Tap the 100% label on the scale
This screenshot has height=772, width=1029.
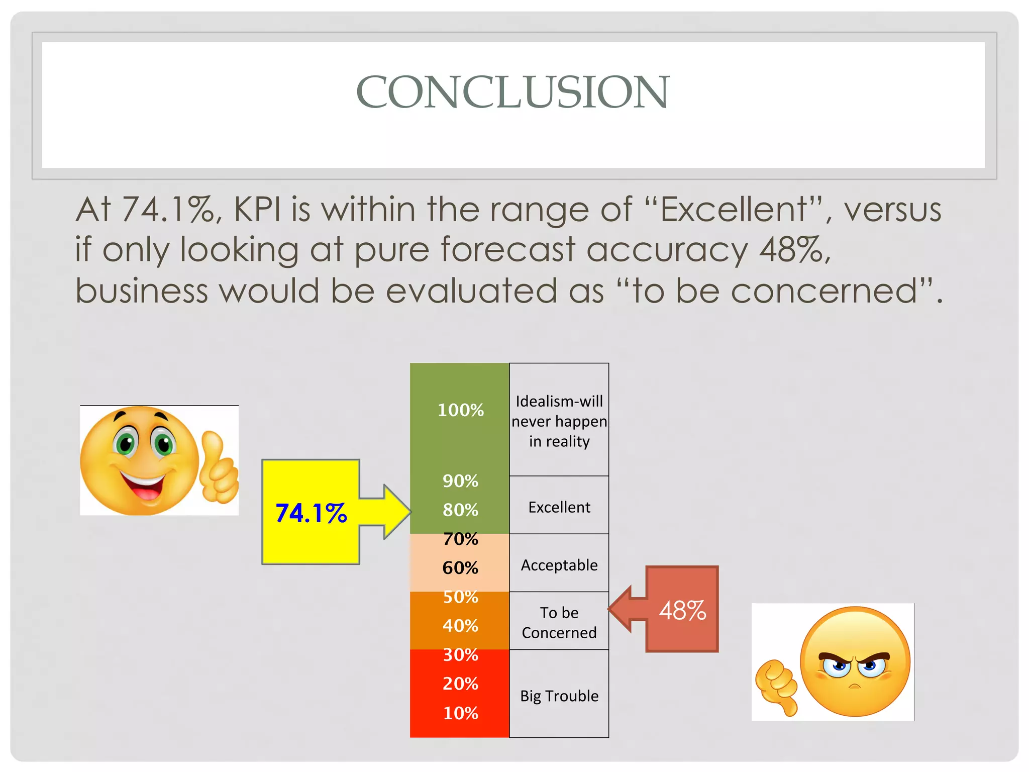(x=460, y=410)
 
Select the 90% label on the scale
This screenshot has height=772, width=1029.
(x=460, y=481)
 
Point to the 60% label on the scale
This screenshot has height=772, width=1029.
(x=460, y=568)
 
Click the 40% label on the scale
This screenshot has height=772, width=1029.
(x=460, y=626)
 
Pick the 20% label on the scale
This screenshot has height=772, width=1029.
(x=460, y=684)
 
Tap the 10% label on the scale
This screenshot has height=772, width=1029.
(x=460, y=713)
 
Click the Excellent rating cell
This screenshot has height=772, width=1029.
(x=559, y=507)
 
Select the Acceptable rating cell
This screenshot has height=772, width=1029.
(x=559, y=565)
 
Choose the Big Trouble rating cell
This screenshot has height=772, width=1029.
(x=559, y=696)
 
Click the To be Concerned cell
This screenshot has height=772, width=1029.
(x=559, y=622)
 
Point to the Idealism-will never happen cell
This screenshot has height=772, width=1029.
(x=559, y=421)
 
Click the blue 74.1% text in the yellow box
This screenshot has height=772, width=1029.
(x=311, y=513)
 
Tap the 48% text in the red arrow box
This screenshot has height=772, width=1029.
(x=682, y=611)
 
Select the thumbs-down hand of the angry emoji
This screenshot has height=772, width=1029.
(x=777, y=687)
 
